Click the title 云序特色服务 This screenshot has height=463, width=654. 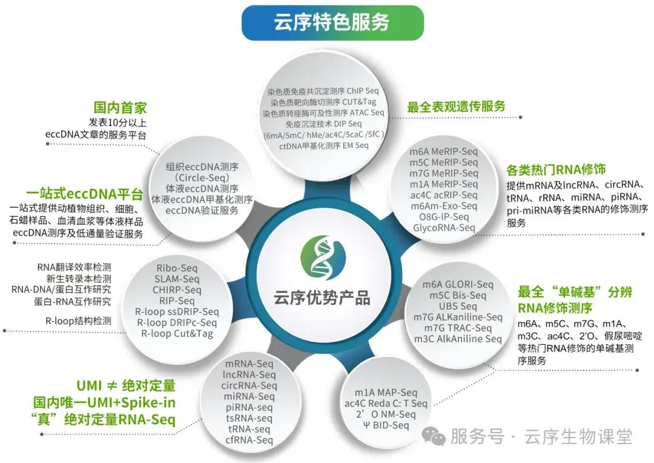click(x=332, y=23)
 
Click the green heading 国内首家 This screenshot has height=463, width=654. click(x=120, y=108)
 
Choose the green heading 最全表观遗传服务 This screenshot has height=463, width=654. click(x=456, y=107)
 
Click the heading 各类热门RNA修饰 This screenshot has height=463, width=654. click(x=556, y=169)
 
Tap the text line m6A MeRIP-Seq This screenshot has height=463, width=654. click(x=444, y=152)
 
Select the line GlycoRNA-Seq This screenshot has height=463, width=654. click(x=444, y=228)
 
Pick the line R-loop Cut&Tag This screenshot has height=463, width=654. click(x=177, y=333)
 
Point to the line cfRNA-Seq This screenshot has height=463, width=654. click(x=249, y=440)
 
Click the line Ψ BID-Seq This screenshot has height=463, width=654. click(x=386, y=425)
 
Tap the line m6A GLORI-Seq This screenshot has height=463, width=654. click(x=458, y=284)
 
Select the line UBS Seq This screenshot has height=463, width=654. click(x=458, y=306)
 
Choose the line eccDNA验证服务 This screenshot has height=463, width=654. click(x=202, y=210)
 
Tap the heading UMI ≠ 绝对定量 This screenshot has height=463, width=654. click(x=126, y=385)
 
